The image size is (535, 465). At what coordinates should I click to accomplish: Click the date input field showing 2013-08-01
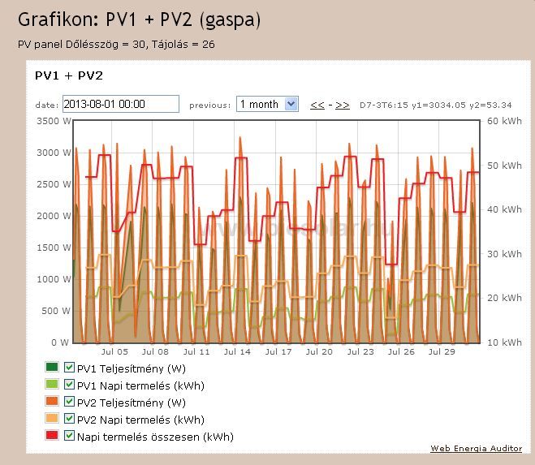(120, 104)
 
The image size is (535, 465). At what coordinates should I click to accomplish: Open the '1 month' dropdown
(267, 104)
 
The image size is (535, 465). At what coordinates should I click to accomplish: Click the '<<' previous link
(317, 105)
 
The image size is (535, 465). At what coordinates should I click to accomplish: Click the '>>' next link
(343, 105)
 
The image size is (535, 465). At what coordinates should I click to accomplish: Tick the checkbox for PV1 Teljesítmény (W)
(69, 367)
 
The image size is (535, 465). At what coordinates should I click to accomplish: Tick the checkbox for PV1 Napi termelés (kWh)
(69, 385)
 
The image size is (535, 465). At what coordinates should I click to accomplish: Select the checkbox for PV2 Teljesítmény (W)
(69, 402)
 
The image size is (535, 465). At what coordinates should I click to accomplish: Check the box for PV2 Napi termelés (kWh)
(69, 420)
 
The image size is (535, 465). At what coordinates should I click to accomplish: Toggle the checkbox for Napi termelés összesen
(69, 437)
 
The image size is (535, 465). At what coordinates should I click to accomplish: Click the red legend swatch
(53, 437)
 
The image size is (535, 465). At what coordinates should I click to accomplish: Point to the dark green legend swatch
(53, 367)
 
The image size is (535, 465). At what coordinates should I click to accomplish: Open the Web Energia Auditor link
(476, 449)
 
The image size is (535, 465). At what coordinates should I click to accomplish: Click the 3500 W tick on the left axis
(53, 121)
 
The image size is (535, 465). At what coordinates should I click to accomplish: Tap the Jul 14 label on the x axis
(238, 352)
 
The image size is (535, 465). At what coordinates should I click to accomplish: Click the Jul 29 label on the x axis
(442, 352)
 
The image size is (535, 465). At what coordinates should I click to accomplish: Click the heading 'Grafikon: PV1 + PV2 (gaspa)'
(139, 19)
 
